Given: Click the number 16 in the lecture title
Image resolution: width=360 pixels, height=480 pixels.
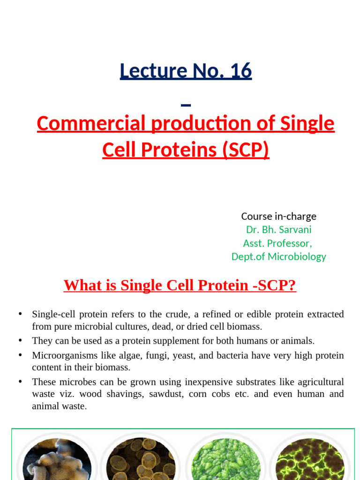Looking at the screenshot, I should click(x=241, y=71).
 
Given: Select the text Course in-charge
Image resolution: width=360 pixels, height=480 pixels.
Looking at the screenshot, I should click(x=278, y=216).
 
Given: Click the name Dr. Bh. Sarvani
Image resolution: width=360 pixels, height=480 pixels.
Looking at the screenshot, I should click(x=278, y=230).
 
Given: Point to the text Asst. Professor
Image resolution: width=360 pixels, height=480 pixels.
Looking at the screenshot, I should click(x=277, y=243).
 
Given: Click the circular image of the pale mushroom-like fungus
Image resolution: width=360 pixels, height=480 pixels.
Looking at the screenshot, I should click(x=57, y=460).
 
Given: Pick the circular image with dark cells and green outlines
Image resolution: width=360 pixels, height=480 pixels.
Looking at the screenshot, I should click(x=310, y=460).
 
